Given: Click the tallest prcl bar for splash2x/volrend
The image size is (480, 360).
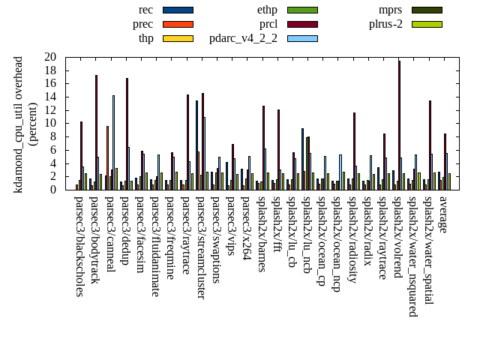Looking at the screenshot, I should coord(399,124).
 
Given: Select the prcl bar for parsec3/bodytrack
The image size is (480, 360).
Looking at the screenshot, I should coord(96,132).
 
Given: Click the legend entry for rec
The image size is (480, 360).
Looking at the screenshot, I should coord(178,10).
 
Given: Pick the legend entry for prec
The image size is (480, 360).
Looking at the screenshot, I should coord(178,24).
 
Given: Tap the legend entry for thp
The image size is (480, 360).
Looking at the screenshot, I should coord(178,38).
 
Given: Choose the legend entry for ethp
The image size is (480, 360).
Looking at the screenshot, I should coord(302,10).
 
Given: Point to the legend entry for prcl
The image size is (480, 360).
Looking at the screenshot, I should coord(302,24).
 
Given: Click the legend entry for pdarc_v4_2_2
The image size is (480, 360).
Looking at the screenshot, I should coord(302,38).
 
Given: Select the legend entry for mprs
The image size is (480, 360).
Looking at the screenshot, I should coord(426,10).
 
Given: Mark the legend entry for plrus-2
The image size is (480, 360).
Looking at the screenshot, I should coord(426,24).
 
